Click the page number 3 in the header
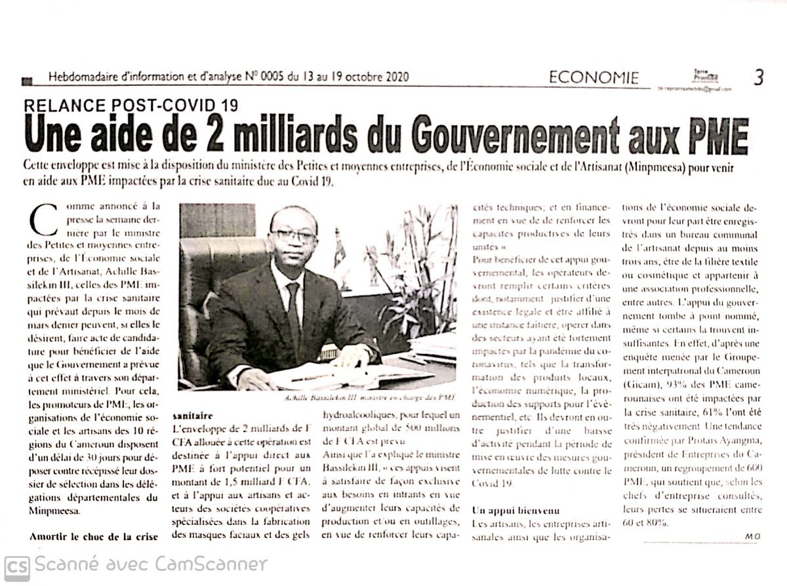click(x=758, y=77)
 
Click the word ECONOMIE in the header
click(x=594, y=78)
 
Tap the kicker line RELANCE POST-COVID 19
click(x=131, y=105)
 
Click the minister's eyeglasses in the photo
click(x=293, y=235)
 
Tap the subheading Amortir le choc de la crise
click(x=94, y=537)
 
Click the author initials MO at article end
click(x=752, y=536)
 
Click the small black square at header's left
click(x=27, y=81)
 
